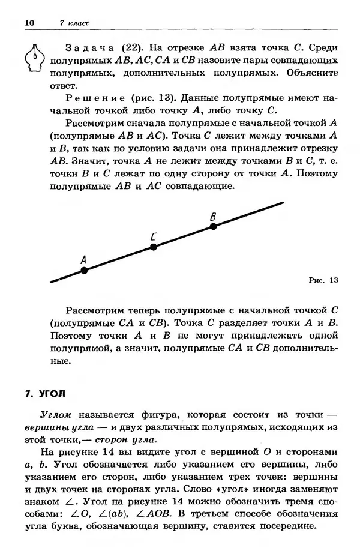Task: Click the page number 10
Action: pyautogui.click(x=31, y=23)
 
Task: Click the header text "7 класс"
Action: pyautogui.click(x=75, y=23)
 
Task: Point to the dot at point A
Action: pyautogui.click(x=84, y=271)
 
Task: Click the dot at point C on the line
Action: pyautogui.click(x=154, y=247)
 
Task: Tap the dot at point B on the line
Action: pyautogui.click(x=212, y=226)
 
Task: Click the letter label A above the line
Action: pyautogui.click(x=83, y=259)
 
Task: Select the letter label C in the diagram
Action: pyautogui.click(x=154, y=235)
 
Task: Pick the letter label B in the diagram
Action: pyautogui.click(x=213, y=215)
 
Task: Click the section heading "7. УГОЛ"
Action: pyautogui.click(x=48, y=394)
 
